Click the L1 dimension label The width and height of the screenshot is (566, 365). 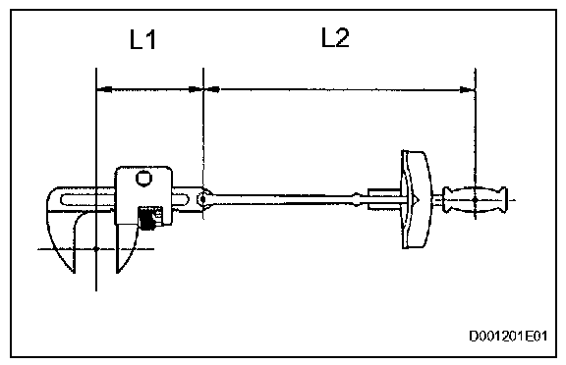[142, 39]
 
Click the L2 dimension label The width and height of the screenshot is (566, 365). [335, 37]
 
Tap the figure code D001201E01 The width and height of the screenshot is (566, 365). [508, 336]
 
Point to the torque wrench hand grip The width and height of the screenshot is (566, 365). [475, 199]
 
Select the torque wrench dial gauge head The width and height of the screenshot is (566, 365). [417, 199]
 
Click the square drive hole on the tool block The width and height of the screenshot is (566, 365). [143, 178]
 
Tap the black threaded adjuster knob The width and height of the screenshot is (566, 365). [148, 218]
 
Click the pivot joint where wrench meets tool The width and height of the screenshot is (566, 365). [202, 198]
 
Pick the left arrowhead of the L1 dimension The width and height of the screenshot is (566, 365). [104, 88]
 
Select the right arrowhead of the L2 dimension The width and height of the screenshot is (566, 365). [468, 89]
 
